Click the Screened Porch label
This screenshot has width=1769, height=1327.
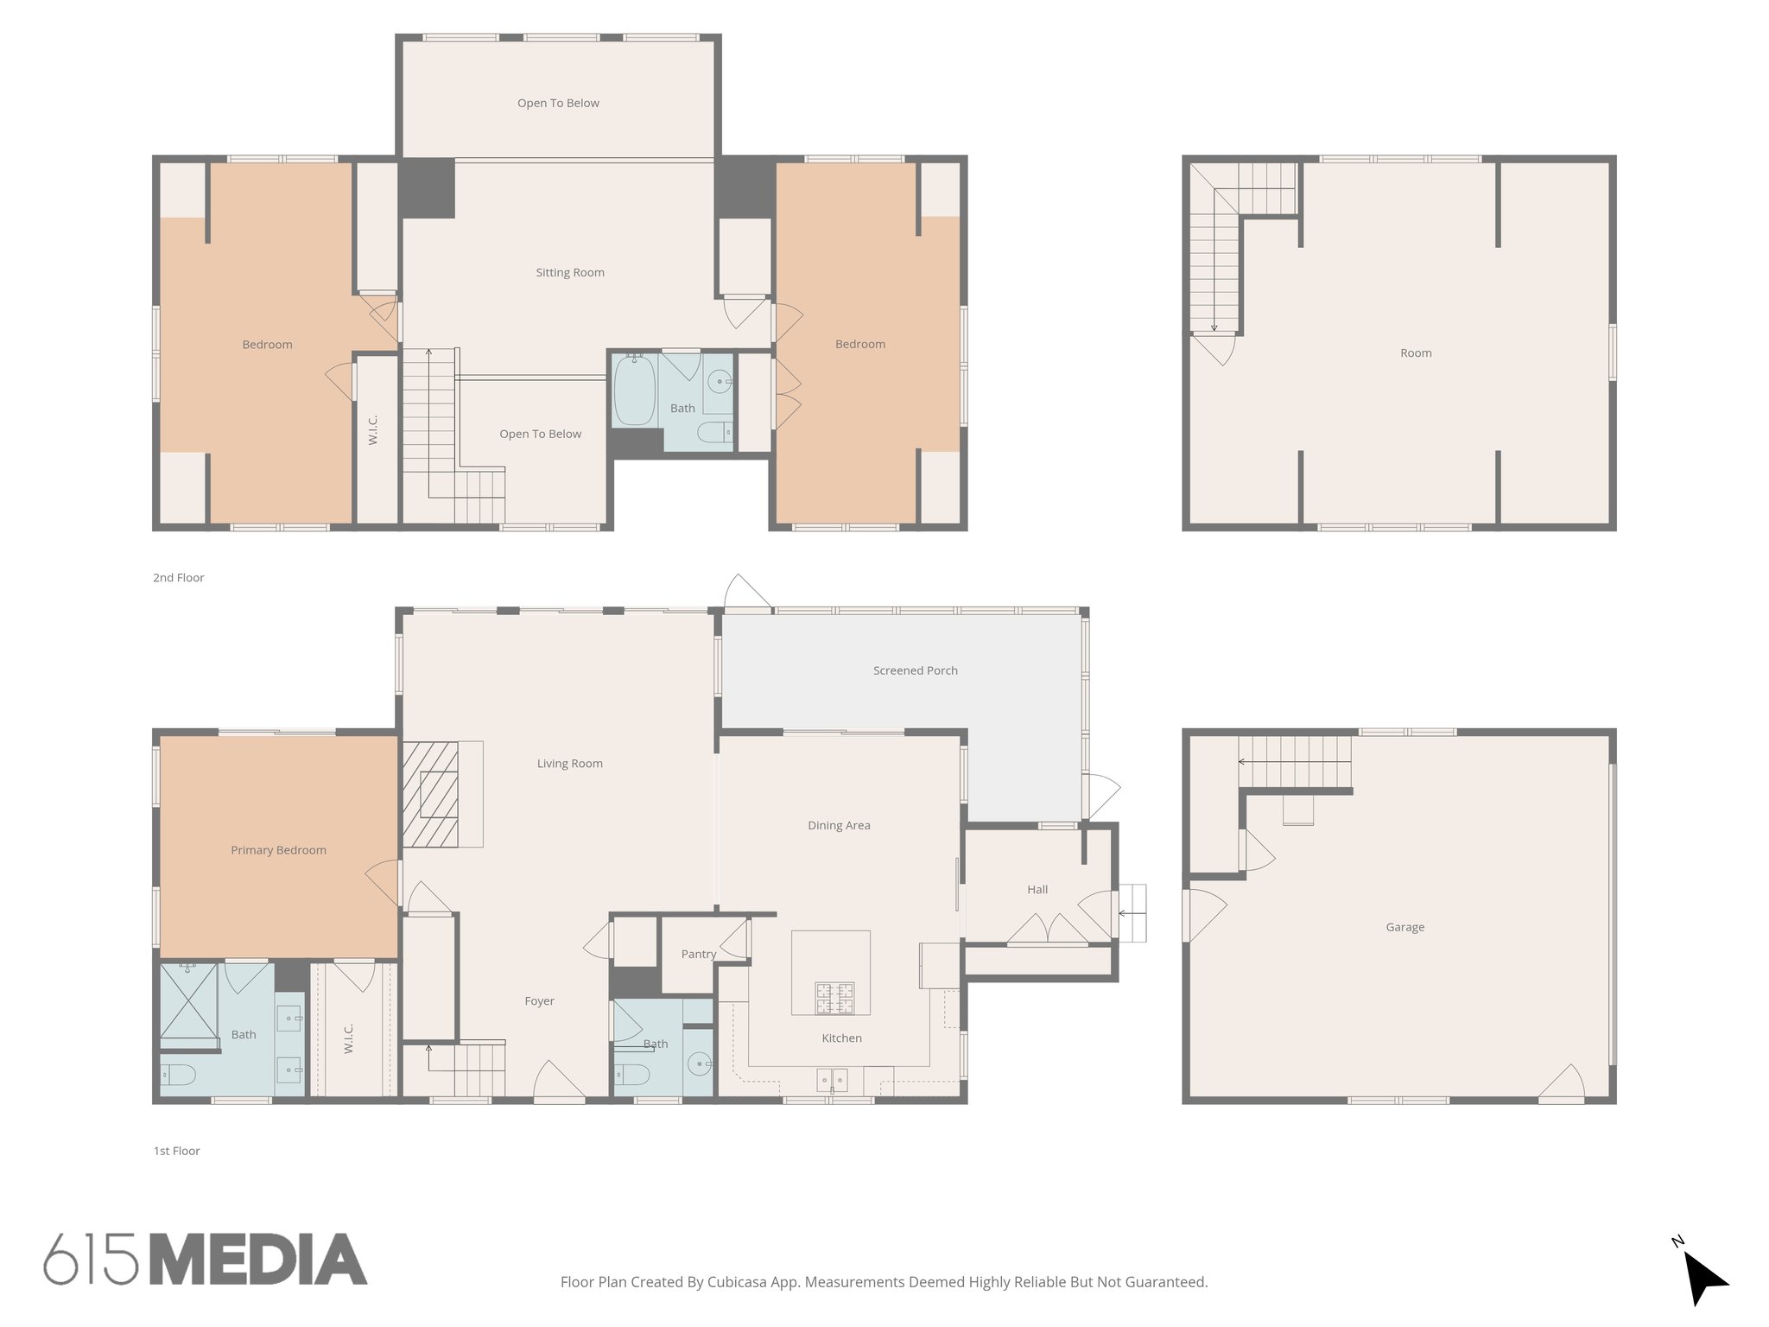coord(915,670)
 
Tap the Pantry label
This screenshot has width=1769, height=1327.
coord(698,954)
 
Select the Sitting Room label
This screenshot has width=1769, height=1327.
coord(569,272)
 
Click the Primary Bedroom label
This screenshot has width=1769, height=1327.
coord(278,850)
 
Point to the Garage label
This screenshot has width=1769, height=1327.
coord(1404,927)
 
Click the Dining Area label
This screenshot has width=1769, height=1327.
coord(839,825)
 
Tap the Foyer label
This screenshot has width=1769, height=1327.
coord(539,1001)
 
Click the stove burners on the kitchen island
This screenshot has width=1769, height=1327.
coord(834,998)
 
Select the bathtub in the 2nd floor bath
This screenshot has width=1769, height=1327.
coord(635,390)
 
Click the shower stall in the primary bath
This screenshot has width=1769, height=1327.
coord(188,1001)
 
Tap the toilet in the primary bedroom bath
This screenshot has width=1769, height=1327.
coord(179,1076)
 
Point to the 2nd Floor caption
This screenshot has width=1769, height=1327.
coord(178,578)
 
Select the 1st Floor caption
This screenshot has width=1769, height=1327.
coord(176,1151)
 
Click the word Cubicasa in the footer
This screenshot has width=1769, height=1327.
coord(738,1282)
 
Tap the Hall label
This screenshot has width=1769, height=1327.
coord(1037,890)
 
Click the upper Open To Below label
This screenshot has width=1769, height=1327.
coord(558,103)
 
